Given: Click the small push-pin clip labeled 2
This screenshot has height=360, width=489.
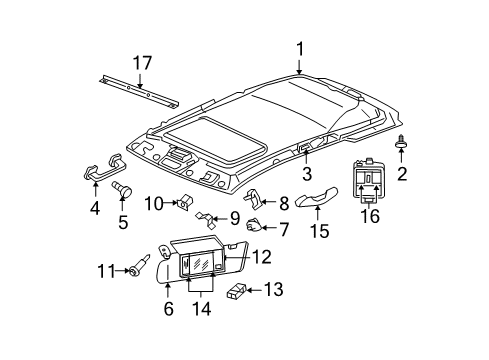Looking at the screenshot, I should click(x=400, y=144).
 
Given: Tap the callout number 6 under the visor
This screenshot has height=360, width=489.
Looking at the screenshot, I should click(x=168, y=310).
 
